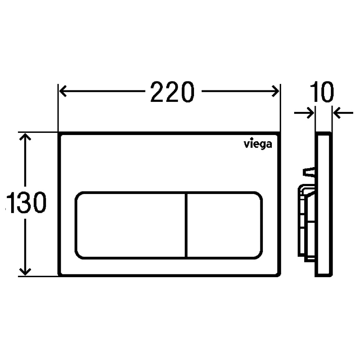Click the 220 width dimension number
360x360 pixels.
(172, 91)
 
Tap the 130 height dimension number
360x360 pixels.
(26, 202)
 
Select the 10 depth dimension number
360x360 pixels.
(321, 91)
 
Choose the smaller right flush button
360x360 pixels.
(225, 225)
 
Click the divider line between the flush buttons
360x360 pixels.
(186, 225)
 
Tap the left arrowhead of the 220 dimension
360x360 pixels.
(63, 91)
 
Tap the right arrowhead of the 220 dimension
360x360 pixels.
(275, 91)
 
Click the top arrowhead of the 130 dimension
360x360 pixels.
(25, 137)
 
